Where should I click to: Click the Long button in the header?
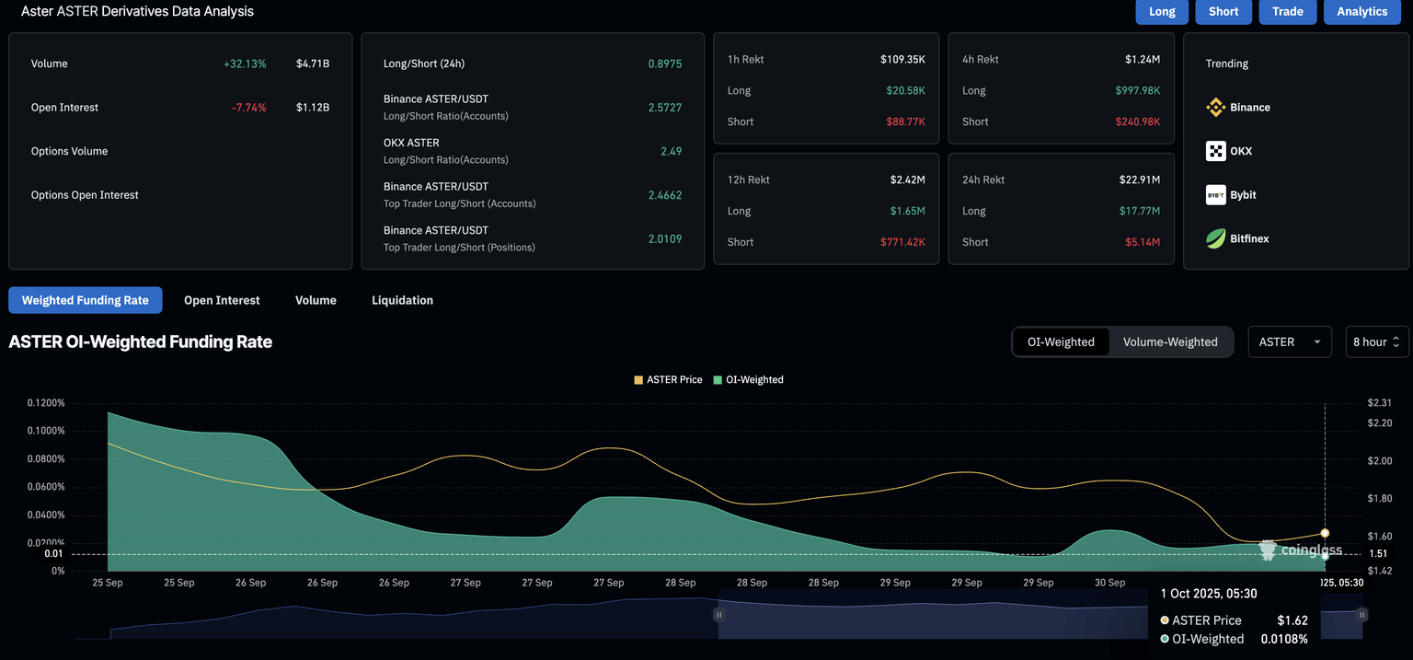[1162, 11]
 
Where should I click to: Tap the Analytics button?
[1361, 11]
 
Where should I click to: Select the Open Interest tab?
[222, 300]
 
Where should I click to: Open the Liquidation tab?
[402, 300]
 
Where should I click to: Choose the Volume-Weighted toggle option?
[1170, 342]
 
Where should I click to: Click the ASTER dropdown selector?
[1289, 342]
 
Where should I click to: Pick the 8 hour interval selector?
[1376, 342]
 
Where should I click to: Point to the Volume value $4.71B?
[313, 64]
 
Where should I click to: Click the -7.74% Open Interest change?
[248, 108]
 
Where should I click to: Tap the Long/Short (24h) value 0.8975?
[664, 64]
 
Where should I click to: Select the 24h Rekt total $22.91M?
[1142, 179]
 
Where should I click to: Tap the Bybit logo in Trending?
[1216, 195]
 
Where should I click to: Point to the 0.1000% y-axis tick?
[46, 431]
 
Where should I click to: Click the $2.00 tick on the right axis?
[1380, 460]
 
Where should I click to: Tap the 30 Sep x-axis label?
[1109, 583]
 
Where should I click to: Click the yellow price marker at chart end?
[1325, 533]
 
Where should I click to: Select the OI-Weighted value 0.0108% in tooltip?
[1283, 639]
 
